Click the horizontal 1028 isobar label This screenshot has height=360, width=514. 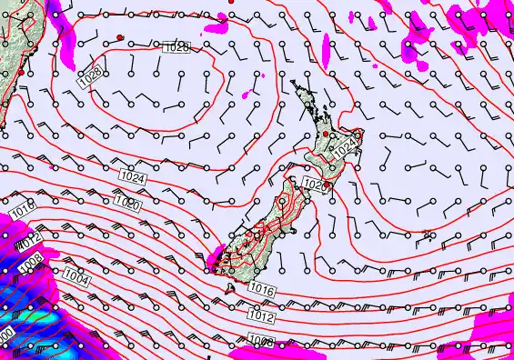[177, 47]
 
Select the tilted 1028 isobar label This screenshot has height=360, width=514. [89, 78]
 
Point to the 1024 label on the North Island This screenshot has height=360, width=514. [344, 150]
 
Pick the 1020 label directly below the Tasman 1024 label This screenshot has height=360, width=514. [127, 203]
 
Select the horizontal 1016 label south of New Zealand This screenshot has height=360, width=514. [261, 289]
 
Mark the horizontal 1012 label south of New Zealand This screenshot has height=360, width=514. [261, 317]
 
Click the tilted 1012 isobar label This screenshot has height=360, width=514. [29, 244]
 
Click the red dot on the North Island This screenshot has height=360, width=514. [326, 135]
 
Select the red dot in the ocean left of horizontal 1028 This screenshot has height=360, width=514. [120, 37]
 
